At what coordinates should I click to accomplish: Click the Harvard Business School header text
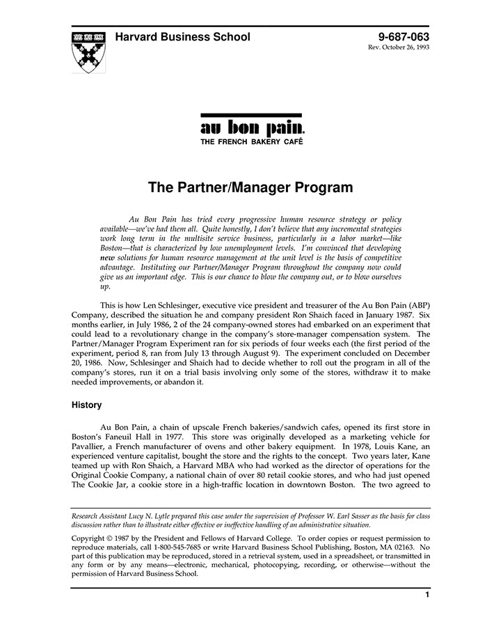182,37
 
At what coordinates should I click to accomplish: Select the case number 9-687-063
404,37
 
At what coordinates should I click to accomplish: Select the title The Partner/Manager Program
250,187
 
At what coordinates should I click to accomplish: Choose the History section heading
87,405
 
